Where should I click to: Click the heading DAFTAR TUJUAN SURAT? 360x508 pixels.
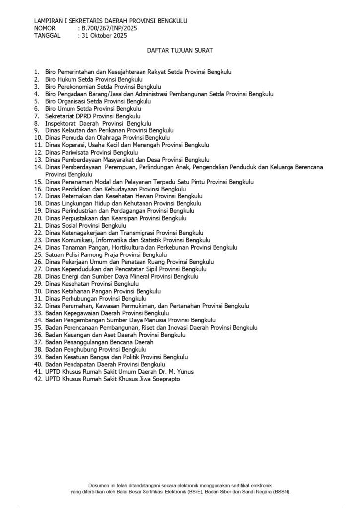point(179,51)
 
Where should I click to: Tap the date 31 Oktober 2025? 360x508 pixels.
point(105,36)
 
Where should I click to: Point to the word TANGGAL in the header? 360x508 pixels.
point(47,36)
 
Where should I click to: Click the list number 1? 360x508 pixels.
point(37,72)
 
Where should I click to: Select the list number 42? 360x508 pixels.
point(38,379)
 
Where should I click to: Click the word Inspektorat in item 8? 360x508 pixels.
point(62,123)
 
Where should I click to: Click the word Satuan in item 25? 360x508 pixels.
point(55,254)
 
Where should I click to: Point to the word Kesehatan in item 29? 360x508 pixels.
point(75,284)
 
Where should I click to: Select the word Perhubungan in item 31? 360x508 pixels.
point(79,299)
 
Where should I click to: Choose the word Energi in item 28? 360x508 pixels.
point(71,276)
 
